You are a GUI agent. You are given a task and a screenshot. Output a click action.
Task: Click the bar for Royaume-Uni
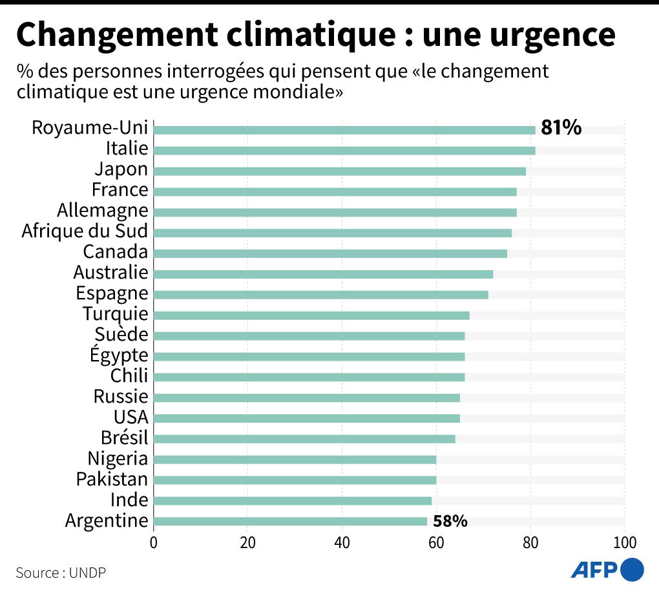coord(344,130)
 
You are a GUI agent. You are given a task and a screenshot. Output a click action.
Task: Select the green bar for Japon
coord(340,171)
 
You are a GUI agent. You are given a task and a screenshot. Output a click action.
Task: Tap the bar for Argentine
coord(290,521)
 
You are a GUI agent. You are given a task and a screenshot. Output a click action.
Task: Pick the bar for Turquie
coord(311,315)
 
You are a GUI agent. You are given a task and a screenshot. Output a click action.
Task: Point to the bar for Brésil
coord(304,439)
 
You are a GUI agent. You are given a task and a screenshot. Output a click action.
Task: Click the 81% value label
coord(561,128)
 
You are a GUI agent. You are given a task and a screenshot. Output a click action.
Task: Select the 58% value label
coord(450,521)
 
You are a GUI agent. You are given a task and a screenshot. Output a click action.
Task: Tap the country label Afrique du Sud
coord(85,231)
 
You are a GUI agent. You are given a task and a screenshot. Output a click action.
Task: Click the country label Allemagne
coord(102,211)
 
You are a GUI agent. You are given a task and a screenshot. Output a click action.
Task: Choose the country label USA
coord(131,417)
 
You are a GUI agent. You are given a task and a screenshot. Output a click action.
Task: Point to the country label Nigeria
coord(118,459)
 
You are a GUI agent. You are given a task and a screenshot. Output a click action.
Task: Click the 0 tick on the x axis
coord(154,542)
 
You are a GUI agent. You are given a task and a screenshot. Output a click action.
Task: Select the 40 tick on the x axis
coord(342,542)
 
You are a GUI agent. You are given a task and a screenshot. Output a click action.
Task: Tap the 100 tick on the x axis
coord(624,542)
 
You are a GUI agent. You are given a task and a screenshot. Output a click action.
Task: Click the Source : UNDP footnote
coord(61,573)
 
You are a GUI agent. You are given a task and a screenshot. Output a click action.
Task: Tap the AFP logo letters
coord(594,569)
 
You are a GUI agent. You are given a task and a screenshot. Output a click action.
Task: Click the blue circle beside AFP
coord(632,569)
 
